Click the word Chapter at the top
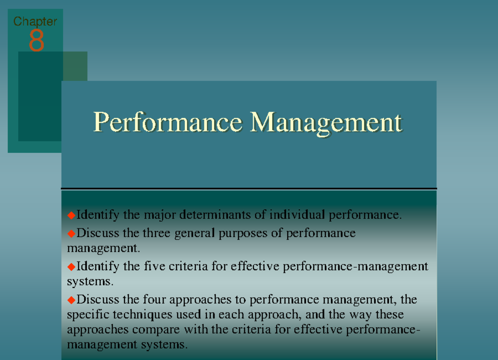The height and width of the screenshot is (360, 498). coord(35,21)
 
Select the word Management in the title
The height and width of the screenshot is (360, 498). coord(326,122)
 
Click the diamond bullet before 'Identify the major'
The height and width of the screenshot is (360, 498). coord(71,215)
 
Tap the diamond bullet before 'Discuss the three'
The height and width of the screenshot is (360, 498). coord(71,233)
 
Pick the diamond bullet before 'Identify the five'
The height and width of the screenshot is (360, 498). coord(71,266)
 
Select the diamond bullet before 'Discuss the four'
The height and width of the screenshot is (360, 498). coord(71,299)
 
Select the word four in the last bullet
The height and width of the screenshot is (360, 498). coord(155,299)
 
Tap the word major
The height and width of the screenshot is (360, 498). coord(159,216)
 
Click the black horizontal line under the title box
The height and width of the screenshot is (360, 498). coord(249,189)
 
